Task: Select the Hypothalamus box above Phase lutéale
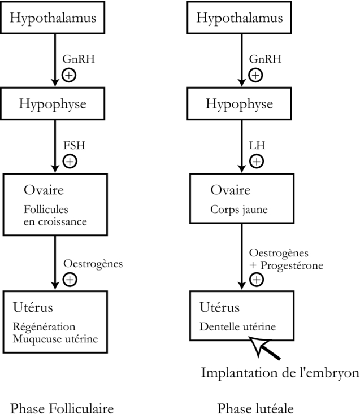click(x=240, y=17)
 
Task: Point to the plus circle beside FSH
click(x=70, y=161)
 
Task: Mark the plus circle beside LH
click(x=256, y=161)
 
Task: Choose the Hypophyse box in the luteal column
click(x=240, y=104)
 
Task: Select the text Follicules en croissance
click(x=55, y=216)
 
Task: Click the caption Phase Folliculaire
click(x=62, y=408)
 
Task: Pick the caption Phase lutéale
click(x=256, y=408)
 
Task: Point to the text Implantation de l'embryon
click(x=280, y=373)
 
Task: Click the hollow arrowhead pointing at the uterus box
click(x=259, y=344)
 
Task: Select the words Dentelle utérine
click(x=238, y=326)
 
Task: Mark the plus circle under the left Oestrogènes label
click(x=70, y=278)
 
